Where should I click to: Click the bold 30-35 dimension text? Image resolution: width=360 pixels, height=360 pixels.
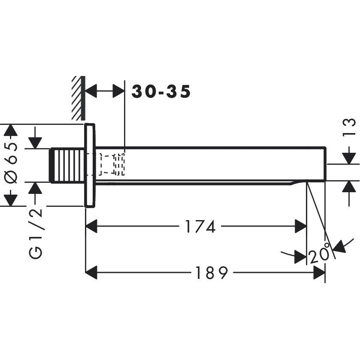tap(161, 91)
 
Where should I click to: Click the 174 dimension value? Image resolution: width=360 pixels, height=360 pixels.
tap(200, 227)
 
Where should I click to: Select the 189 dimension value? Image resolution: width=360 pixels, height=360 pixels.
tap(211, 273)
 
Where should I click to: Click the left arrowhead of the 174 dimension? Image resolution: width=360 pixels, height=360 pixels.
tap(92, 227)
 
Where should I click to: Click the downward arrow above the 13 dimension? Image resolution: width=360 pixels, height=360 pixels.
tap(350, 157)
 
